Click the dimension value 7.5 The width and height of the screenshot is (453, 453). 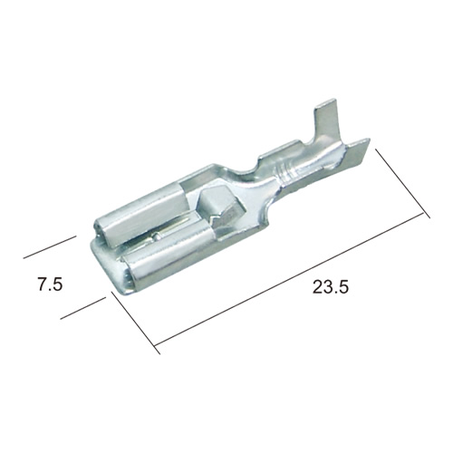click(x=50, y=284)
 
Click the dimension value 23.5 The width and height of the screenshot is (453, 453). click(x=331, y=286)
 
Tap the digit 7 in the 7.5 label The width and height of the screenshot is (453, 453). click(x=43, y=284)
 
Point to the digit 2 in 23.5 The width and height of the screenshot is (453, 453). click(x=317, y=286)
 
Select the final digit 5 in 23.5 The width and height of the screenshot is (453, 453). click(x=344, y=286)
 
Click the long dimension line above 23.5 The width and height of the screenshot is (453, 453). click(x=288, y=280)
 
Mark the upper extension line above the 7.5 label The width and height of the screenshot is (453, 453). click(x=50, y=247)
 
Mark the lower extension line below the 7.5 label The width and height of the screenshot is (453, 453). click(x=83, y=308)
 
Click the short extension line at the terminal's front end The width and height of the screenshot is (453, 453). click(x=135, y=323)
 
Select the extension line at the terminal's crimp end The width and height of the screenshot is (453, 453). click(x=402, y=183)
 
